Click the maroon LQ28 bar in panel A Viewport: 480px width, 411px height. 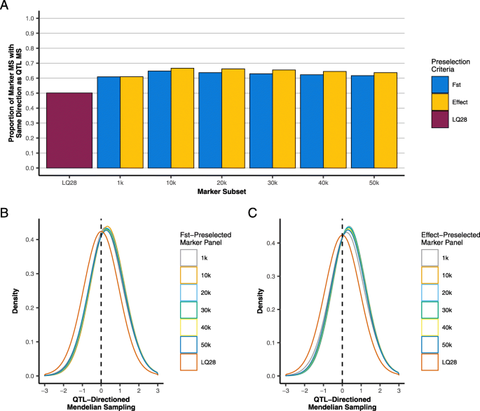(70, 130)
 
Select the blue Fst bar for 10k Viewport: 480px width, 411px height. (159, 119)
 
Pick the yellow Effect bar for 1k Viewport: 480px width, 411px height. (132, 122)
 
